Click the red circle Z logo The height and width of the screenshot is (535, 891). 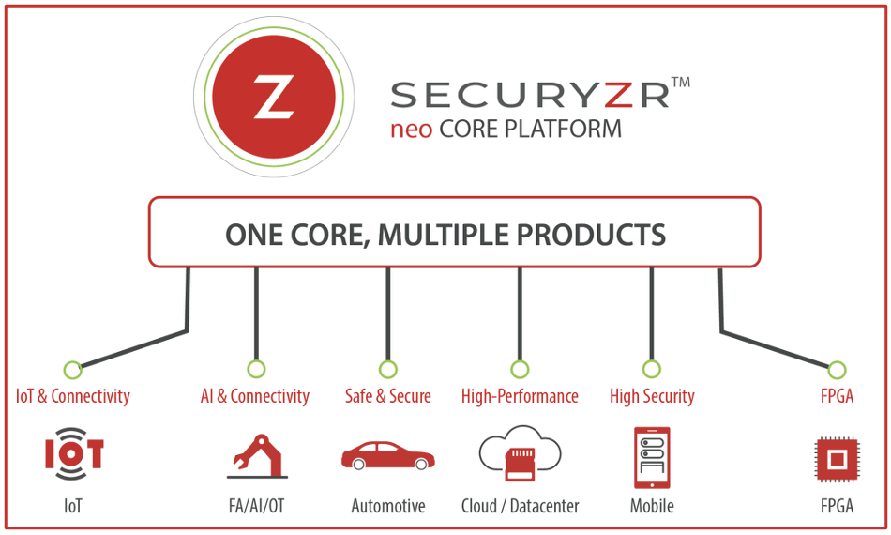click(274, 98)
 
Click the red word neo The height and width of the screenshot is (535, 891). click(411, 129)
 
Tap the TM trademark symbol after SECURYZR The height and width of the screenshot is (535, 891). click(682, 83)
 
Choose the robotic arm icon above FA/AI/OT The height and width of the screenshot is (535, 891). click(257, 454)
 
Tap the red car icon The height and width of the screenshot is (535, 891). click(387, 456)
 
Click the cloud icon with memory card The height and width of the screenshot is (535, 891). click(520, 454)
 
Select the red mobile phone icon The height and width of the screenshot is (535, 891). click(652, 457)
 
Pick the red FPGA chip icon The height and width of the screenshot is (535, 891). click(837, 459)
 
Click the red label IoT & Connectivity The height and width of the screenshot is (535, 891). click(73, 396)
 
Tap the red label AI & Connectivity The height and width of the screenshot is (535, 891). click(255, 396)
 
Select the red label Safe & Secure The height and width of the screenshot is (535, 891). click(388, 396)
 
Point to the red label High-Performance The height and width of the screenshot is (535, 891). click(520, 396)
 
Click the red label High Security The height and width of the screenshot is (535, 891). click(652, 396)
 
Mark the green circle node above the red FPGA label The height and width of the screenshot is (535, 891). click(837, 369)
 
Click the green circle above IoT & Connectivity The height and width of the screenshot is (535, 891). click(72, 369)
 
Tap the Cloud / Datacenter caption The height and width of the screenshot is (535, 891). click(520, 506)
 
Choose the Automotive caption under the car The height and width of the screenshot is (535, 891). click(388, 506)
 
